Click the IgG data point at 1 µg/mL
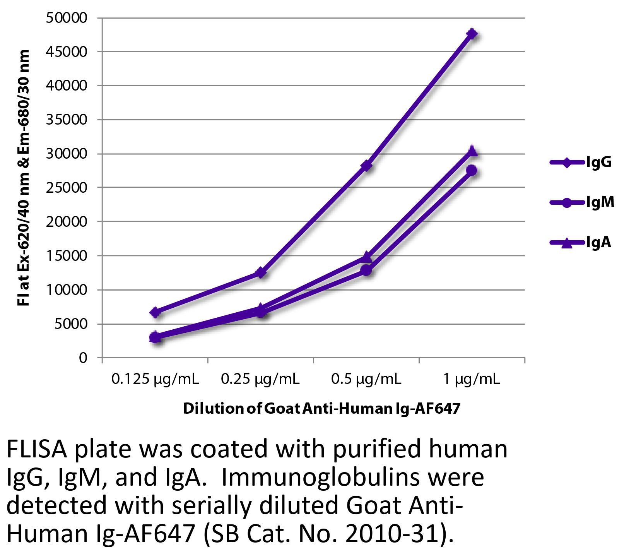tap(472, 34)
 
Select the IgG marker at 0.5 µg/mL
tap(367, 166)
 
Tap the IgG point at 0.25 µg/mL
tap(261, 273)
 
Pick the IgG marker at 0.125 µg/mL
tap(155, 313)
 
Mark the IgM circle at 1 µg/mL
tap(472, 171)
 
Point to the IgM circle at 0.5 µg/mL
tap(367, 271)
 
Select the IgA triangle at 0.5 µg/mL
tap(367, 257)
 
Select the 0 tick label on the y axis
tap(83, 358)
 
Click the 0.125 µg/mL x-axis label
tap(155, 379)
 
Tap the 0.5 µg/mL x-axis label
tap(366, 379)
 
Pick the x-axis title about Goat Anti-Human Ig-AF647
tap(321, 409)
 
